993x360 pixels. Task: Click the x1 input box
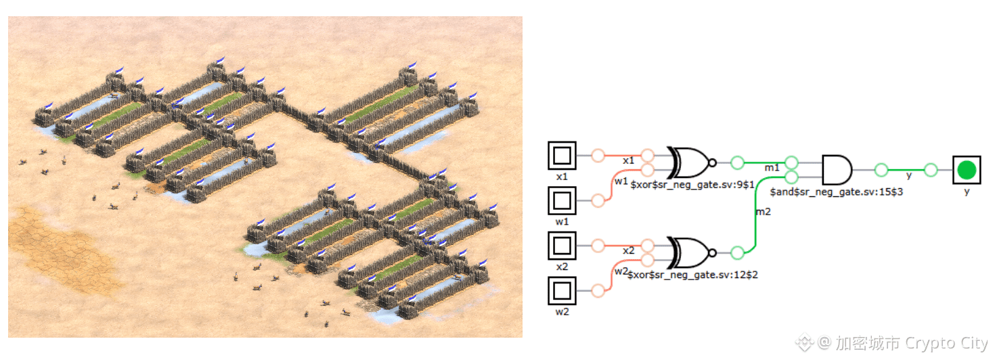point(562,156)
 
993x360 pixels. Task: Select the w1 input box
point(562,201)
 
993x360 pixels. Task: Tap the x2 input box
point(562,246)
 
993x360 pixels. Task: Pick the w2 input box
point(562,291)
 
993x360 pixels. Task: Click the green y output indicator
point(967,170)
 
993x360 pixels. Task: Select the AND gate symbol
point(837,170)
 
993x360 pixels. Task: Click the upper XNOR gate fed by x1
point(692,162)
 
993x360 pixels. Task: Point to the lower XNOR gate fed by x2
point(692,252)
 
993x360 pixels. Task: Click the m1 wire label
point(772,168)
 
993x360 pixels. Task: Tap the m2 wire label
point(764,212)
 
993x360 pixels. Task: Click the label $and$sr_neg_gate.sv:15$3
point(837,192)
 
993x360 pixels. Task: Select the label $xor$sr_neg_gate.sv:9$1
point(692,185)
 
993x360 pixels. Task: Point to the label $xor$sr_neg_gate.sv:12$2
point(693,275)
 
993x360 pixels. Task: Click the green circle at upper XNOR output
point(737,162)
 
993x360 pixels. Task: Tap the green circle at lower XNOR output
point(737,252)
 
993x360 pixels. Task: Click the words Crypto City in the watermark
point(946,343)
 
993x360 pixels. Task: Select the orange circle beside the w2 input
point(598,291)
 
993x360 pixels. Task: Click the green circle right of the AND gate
point(881,170)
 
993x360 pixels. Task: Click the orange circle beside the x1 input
point(598,156)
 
